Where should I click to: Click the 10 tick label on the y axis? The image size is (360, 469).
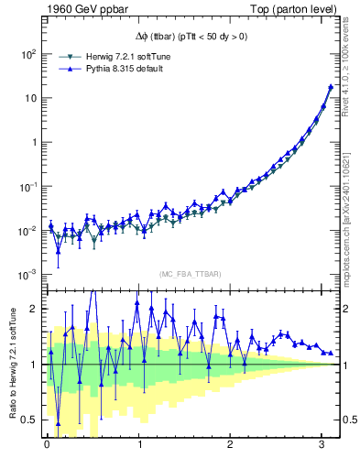29,98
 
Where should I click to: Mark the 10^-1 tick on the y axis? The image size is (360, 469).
27,187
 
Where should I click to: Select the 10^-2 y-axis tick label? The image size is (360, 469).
27,231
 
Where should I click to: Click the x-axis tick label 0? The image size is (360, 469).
47,444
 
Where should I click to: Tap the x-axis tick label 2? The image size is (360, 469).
231,444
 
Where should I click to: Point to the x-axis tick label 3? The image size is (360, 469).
322,444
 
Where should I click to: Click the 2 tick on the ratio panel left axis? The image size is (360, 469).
35,309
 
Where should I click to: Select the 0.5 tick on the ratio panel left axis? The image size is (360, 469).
31,420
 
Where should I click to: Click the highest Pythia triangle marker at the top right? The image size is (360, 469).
330,87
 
